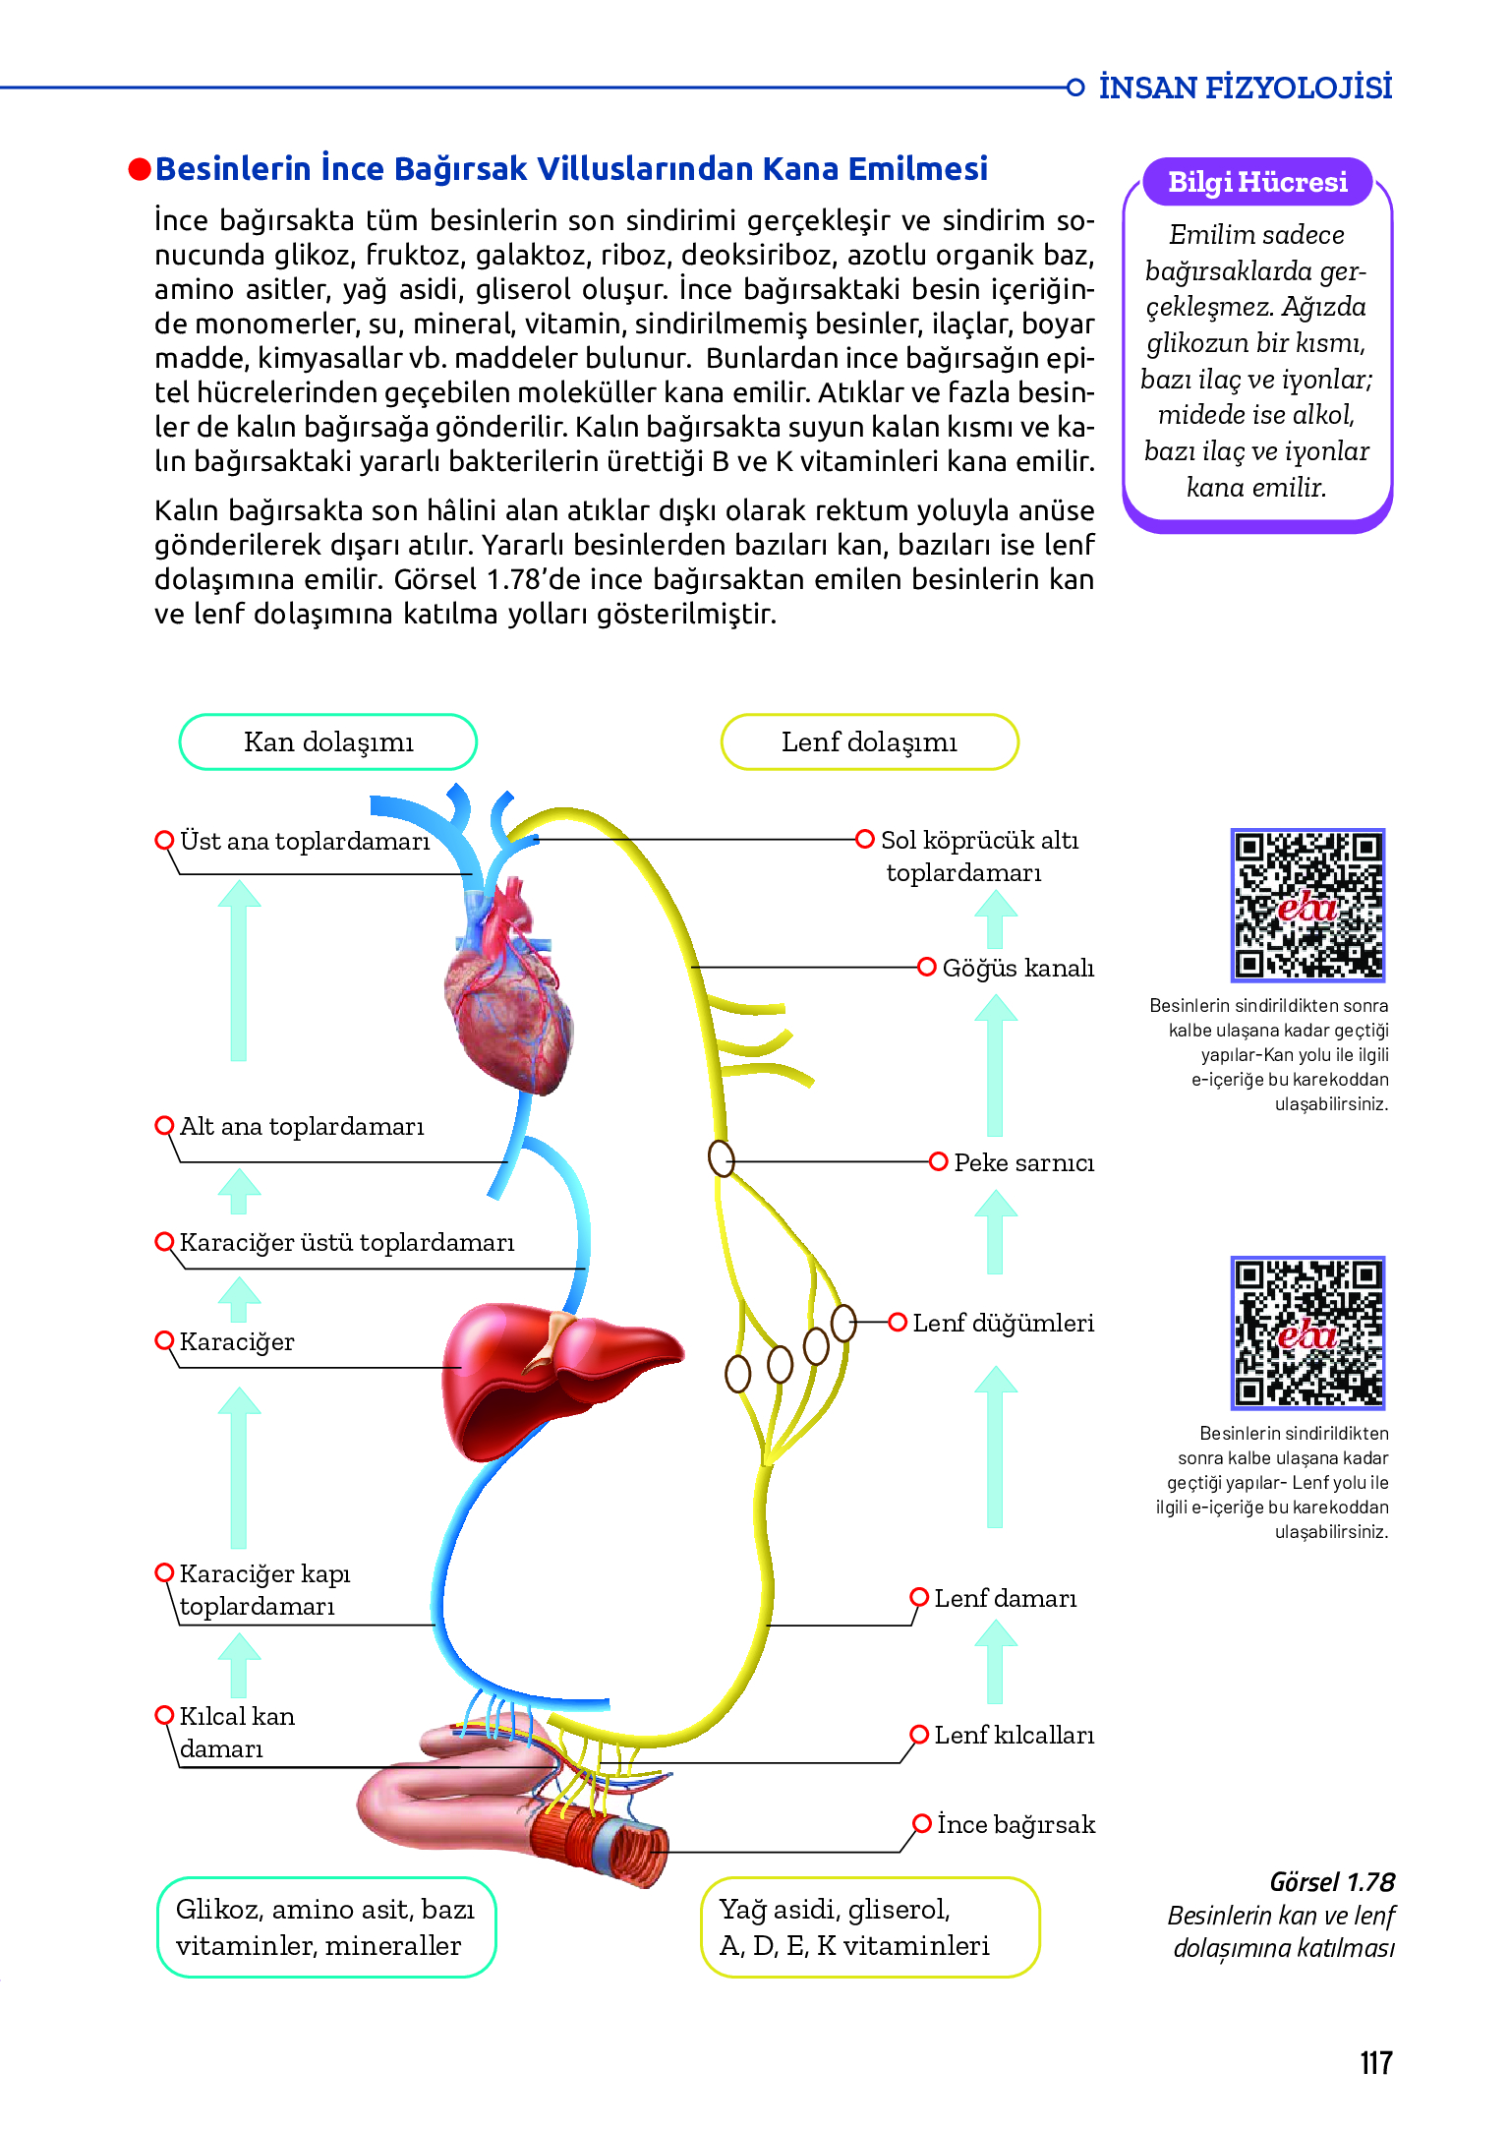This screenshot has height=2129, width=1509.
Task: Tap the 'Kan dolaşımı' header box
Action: [328, 742]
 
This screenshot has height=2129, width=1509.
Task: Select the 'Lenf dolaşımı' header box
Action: [869, 742]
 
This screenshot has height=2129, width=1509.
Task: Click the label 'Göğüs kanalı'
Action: [1017, 969]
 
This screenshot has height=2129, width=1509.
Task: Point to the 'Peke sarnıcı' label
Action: [1023, 1163]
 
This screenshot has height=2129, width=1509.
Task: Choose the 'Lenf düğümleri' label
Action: [1003, 1324]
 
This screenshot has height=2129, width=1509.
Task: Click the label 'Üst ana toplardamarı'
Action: [305, 842]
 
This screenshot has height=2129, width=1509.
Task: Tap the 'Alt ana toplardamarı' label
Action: [302, 1127]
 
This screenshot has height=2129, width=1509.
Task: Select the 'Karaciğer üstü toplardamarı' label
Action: [346, 1243]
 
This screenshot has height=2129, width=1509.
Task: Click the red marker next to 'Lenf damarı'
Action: [919, 1597]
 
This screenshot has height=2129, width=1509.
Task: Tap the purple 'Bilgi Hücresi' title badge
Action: [1257, 183]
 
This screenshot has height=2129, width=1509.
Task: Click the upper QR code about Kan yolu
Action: [1307, 905]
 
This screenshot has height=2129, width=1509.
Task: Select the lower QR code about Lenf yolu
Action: [1307, 1332]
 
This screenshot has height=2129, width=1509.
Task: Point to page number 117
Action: [1375, 2063]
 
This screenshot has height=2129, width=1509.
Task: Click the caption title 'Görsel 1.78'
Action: [1332, 1882]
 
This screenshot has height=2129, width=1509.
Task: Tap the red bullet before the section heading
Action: [140, 170]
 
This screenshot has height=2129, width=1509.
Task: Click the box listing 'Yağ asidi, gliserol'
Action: [869, 1927]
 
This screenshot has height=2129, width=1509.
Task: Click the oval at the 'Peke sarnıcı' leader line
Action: [722, 1158]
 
